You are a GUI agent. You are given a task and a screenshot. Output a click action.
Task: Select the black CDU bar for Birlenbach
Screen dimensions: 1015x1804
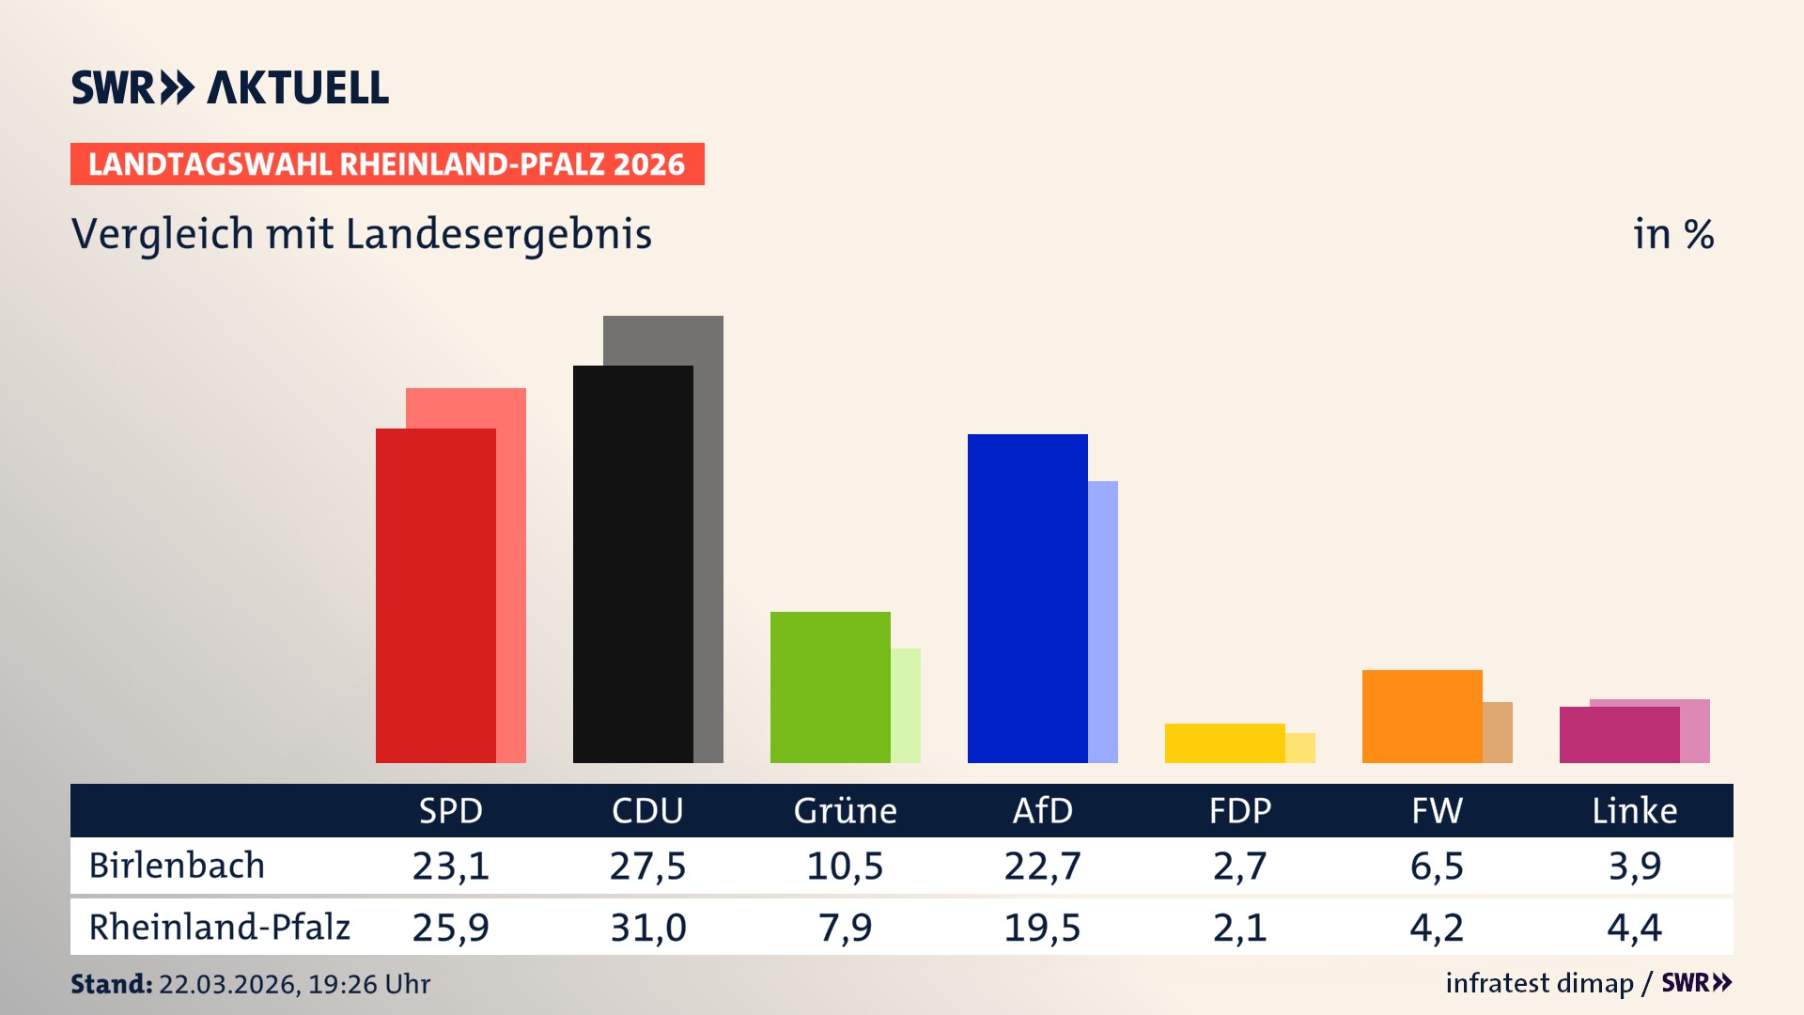(x=632, y=564)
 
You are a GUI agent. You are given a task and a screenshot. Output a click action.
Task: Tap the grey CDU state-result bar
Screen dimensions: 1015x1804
(x=708, y=536)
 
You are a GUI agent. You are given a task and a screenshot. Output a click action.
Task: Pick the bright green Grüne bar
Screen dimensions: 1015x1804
(x=830, y=687)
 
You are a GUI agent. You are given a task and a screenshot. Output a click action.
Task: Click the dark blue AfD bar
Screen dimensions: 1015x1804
(x=1027, y=598)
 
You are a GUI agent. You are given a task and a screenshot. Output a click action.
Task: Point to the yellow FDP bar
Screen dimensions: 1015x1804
(x=1224, y=742)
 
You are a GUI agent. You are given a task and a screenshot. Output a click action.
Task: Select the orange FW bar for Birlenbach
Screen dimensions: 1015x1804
(x=1422, y=716)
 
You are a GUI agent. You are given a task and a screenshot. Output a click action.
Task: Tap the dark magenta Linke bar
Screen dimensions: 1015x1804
(x=1619, y=735)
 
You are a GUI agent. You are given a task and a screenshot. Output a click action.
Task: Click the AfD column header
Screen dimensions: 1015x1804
(x=1042, y=810)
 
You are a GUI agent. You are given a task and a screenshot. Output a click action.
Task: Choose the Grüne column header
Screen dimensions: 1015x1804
(x=845, y=810)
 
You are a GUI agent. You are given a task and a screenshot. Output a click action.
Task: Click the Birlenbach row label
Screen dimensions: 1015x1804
(x=177, y=866)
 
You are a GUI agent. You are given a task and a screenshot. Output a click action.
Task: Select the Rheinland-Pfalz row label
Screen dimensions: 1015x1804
(x=219, y=928)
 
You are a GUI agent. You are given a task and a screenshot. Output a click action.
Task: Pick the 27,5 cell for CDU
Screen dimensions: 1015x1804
(x=647, y=866)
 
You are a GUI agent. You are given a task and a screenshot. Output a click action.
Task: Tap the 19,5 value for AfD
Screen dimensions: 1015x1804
(x=1042, y=928)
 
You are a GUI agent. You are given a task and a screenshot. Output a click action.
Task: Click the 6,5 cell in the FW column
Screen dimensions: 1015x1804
(x=1437, y=866)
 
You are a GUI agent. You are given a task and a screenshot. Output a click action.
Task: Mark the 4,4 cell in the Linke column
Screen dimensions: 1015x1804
(x=1634, y=928)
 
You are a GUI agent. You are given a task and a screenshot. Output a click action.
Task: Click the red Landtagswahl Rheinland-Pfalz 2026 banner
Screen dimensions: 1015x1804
(x=387, y=164)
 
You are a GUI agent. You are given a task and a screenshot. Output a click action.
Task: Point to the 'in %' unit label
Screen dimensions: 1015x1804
(x=1673, y=235)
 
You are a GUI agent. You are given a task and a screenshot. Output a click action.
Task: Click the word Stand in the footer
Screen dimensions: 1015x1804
(x=111, y=984)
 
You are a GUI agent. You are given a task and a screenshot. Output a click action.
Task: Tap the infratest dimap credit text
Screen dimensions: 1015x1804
(x=1539, y=983)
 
